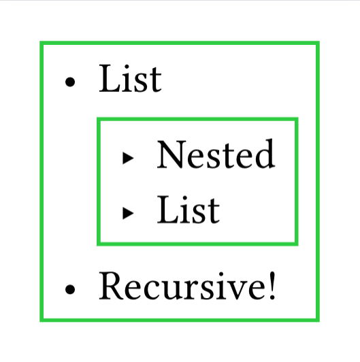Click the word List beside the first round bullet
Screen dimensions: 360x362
tap(130, 78)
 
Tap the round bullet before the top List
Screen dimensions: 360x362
tap(70, 82)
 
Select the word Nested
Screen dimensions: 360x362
tap(216, 154)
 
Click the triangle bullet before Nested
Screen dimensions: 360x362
tap(128, 158)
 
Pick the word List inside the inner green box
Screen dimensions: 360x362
tap(189, 210)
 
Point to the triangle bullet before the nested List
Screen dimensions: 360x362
tap(128, 213)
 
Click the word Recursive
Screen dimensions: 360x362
tap(182, 286)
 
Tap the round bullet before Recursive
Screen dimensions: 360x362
tap(70, 289)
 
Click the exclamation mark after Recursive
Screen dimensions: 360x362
tap(272, 286)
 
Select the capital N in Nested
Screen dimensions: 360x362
tap(171, 154)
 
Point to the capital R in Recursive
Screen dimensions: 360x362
tap(111, 286)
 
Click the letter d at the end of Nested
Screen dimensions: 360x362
tap(265, 154)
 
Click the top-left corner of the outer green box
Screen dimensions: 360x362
tap(42, 43)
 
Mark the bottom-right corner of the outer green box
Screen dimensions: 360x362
tap(318, 320)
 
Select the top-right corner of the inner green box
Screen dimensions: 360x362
tap(297, 119)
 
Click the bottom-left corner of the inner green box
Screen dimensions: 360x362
tap(99, 244)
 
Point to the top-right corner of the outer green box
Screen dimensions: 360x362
tap(318, 43)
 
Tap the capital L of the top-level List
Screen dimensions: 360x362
tap(109, 79)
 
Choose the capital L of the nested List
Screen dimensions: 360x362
tap(167, 210)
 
